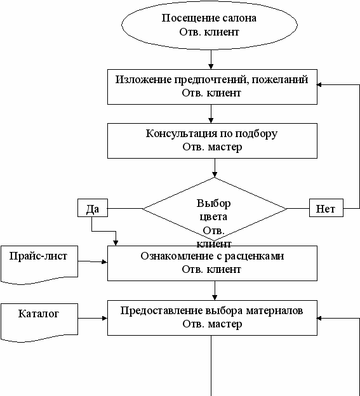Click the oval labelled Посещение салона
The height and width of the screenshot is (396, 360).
tap(210, 25)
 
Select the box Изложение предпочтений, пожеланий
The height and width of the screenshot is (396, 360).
tap(212, 87)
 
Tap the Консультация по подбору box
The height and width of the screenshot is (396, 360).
tap(212, 141)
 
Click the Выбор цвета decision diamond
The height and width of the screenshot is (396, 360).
tap(215, 209)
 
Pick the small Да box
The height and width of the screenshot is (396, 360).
tap(93, 208)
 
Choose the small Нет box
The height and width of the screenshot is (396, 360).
tap(326, 208)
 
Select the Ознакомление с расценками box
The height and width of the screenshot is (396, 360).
tap(212, 263)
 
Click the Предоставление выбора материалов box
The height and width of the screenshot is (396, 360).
tap(212, 318)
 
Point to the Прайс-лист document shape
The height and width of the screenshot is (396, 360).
tap(39, 265)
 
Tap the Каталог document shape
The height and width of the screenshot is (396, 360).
tap(39, 322)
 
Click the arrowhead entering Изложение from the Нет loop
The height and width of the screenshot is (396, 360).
tap(319, 85)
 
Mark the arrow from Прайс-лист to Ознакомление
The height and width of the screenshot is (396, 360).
tap(93, 261)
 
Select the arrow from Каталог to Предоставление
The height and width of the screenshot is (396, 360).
tap(93, 318)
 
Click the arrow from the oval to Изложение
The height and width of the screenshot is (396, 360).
tap(211, 60)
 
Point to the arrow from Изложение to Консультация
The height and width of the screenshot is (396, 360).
tap(211, 114)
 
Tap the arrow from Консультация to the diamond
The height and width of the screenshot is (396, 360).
tap(215, 168)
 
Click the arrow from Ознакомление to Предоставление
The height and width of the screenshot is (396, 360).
tap(215, 291)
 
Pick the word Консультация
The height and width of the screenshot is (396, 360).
tap(182, 134)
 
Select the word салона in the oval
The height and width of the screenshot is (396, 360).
tap(239, 18)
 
